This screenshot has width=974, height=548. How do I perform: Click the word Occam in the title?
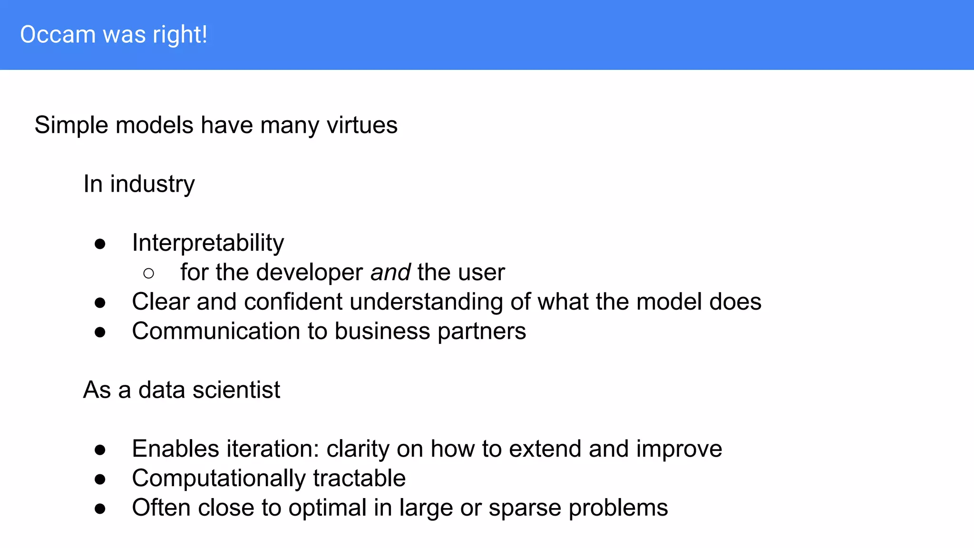click(58, 35)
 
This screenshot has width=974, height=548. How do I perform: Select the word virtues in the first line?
click(362, 125)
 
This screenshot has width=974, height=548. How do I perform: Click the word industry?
click(152, 184)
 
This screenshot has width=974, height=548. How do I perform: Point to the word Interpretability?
click(208, 243)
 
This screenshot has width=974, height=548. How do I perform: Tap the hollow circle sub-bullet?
click(148, 274)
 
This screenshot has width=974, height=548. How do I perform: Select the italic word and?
click(390, 273)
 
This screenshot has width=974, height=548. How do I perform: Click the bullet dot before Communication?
click(100, 333)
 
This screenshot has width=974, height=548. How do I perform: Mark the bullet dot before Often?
click(100, 509)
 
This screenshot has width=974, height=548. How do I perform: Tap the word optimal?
click(327, 508)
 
